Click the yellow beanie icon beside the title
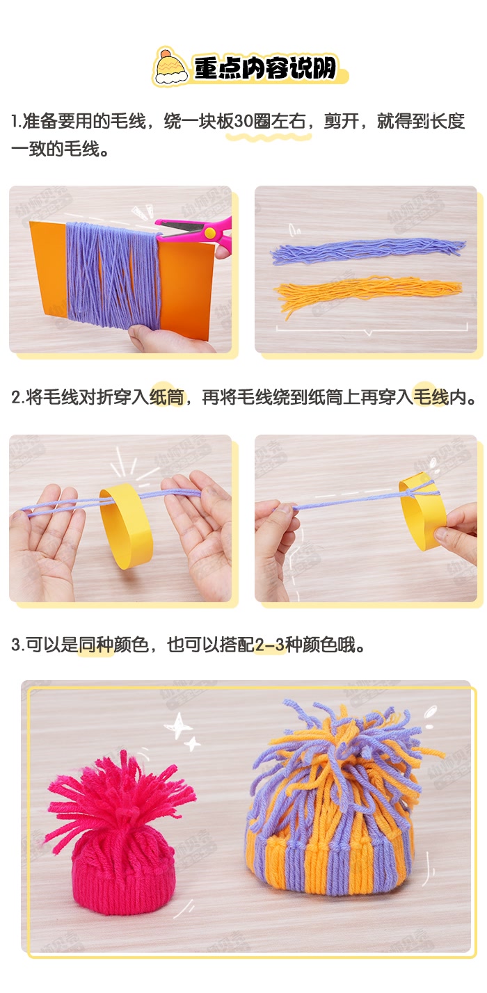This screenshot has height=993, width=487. (x=169, y=67)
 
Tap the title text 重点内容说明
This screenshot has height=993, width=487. (x=264, y=69)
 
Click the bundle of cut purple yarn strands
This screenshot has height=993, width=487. (x=367, y=251)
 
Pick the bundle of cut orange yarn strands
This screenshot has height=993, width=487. (x=367, y=293)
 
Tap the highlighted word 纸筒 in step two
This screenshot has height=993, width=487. (x=167, y=398)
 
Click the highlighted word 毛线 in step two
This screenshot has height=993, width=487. (x=431, y=398)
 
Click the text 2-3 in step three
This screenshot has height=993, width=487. (x=270, y=645)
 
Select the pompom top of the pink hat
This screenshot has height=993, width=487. (x=118, y=800)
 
